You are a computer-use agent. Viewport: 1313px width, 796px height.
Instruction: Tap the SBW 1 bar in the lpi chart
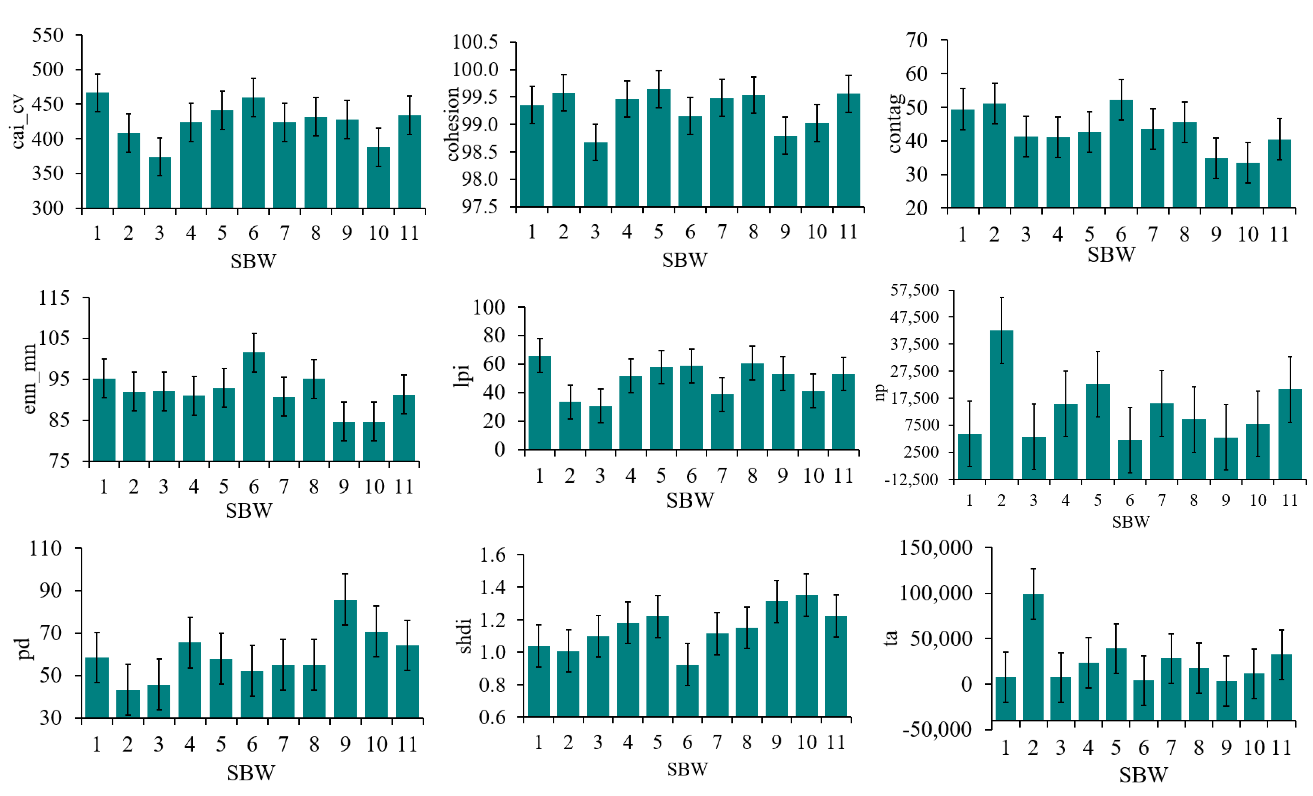point(539,403)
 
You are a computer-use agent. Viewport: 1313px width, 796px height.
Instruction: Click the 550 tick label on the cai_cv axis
point(47,36)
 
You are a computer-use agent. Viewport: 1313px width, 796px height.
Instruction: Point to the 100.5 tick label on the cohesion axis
point(475,42)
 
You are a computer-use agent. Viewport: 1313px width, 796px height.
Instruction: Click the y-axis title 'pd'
point(24,649)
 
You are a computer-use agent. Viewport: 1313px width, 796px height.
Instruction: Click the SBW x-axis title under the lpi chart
point(690,500)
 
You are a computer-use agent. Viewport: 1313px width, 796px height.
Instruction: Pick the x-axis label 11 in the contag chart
point(1279,235)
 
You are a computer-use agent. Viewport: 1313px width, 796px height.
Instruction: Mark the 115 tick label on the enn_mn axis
point(54,298)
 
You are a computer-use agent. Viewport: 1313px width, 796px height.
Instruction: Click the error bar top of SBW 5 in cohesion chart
point(659,71)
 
